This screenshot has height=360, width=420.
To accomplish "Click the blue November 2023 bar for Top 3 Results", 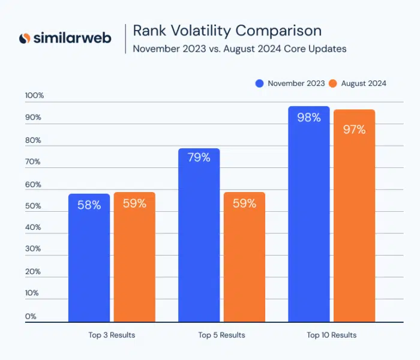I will (x=89, y=258).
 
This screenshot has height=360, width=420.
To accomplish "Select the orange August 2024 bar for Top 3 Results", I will (x=134, y=258).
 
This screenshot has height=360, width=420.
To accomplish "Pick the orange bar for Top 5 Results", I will (x=244, y=258).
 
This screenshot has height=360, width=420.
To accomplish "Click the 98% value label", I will (x=309, y=118).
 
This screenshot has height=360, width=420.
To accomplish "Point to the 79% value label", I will (x=199, y=158).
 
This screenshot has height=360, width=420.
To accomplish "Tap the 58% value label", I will (x=89, y=205).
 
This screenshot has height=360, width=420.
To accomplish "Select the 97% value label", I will (x=354, y=129).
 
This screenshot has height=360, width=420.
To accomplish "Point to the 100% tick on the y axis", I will (x=34, y=95).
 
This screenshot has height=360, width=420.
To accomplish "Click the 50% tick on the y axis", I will (x=33, y=206).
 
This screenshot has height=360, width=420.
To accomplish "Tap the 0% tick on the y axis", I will (x=31, y=316).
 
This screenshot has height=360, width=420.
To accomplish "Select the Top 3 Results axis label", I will (x=112, y=335).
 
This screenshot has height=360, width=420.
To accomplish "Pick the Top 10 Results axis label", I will (x=331, y=335).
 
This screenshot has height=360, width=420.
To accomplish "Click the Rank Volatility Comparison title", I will (x=227, y=31).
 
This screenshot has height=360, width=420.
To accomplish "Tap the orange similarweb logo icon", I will (x=25, y=38).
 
